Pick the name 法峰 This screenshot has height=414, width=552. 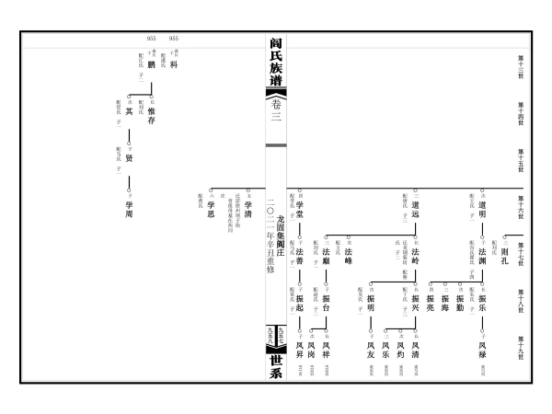tap(349, 259)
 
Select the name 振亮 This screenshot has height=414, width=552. tap(430, 305)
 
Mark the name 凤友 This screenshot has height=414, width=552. tap(370, 351)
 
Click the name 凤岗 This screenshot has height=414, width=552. tap(312, 351)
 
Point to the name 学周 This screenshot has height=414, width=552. tap(129, 213)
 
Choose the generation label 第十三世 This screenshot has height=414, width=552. tap(520, 65)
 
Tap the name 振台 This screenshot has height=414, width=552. tap(326, 305)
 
